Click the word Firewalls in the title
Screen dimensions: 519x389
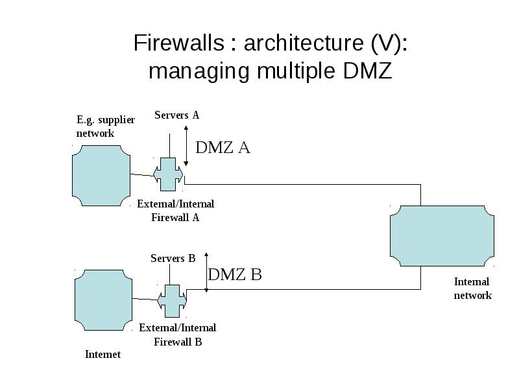[x=179, y=43]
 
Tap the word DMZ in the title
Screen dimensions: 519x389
[x=367, y=71]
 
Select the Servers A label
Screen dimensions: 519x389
[x=176, y=115]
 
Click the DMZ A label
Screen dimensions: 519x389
[x=223, y=147]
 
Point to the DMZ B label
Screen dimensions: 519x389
[x=235, y=274]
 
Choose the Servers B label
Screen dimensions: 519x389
[x=173, y=258]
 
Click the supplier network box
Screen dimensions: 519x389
[x=101, y=176]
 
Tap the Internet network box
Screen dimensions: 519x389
[x=104, y=300]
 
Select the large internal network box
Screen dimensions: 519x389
[x=442, y=236]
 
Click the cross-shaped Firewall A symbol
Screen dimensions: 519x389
[x=168, y=174]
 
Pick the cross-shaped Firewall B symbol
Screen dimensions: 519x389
[x=172, y=301]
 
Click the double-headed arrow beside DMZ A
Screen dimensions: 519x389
[x=186, y=145]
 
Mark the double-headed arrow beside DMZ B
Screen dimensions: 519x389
[x=206, y=272]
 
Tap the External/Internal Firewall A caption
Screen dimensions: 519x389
[x=175, y=211]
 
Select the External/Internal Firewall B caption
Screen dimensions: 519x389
[x=178, y=335]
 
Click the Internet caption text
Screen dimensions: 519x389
[x=103, y=354]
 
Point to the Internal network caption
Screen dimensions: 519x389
[x=472, y=289]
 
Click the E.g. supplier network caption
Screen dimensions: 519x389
[x=106, y=126]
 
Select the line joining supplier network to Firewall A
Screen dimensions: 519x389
[x=142, y=175]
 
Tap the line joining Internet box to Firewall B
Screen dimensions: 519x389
[x=145, y=300]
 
